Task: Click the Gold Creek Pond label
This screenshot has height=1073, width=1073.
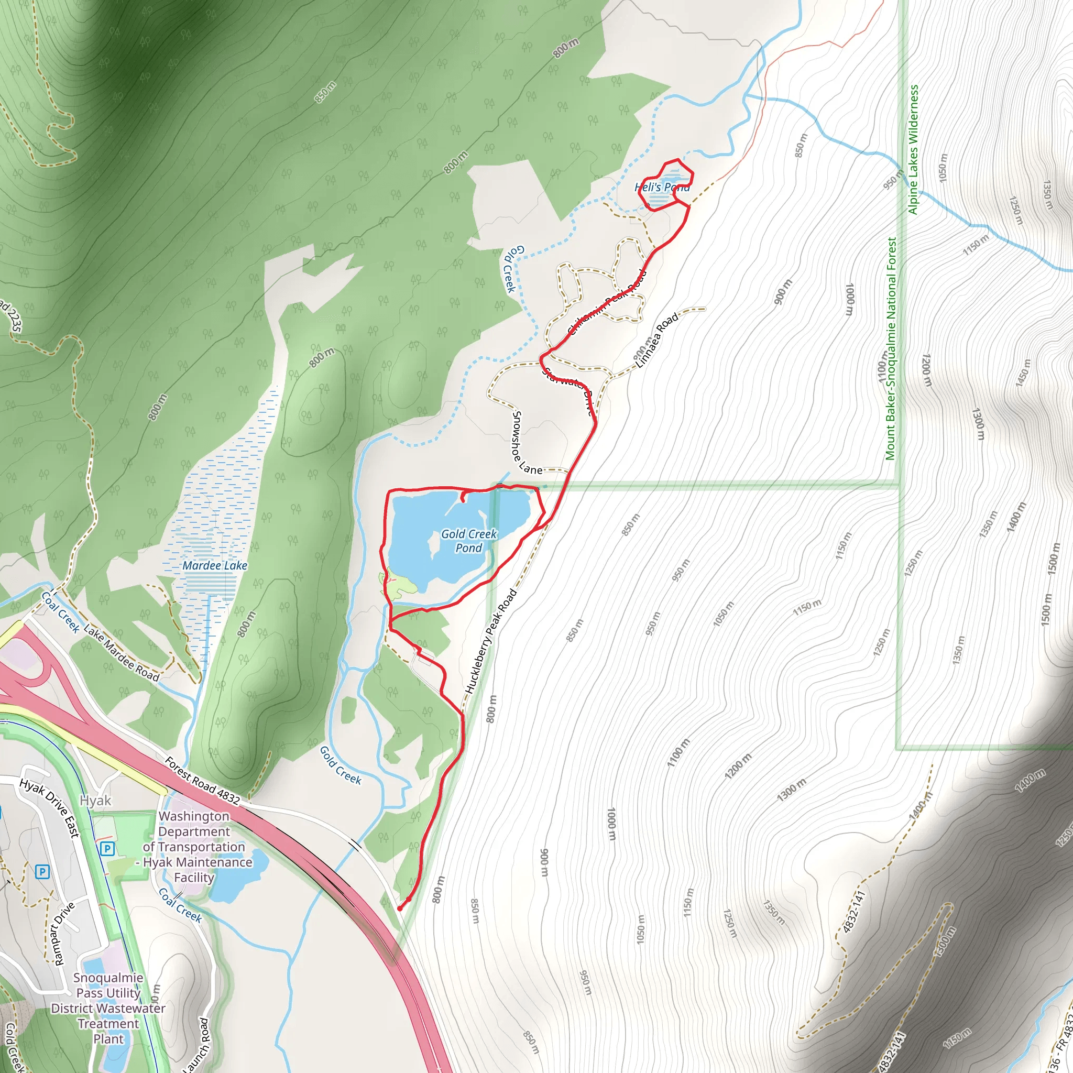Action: pyautogui.click(x=469, y=541)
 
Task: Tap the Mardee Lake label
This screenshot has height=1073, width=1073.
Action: pyautogui.click(x=215, y=565)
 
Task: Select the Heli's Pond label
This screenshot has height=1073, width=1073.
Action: pyautogui.click(x=662, y=187)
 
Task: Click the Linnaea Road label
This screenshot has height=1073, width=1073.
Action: pyautogui.click(x=657, y=340)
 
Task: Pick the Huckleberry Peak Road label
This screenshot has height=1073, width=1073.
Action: pyautogui.click(x=490, y=641)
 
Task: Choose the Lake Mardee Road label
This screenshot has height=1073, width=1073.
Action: pyautogui.click(x=121, y=652)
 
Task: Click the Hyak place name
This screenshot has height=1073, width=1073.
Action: pyautogui.click(x=95, y=801)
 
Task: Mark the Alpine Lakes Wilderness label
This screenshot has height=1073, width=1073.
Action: pyautogui.click(x=913, y=149)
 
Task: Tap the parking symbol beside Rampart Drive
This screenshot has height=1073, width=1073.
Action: pyautogui.click(x=42, y=871)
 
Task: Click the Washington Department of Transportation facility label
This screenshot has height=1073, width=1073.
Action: pyautogui.click(x=194, y=847)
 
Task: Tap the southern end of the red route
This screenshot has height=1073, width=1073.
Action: pyautogui.click(x=399, y=908)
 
